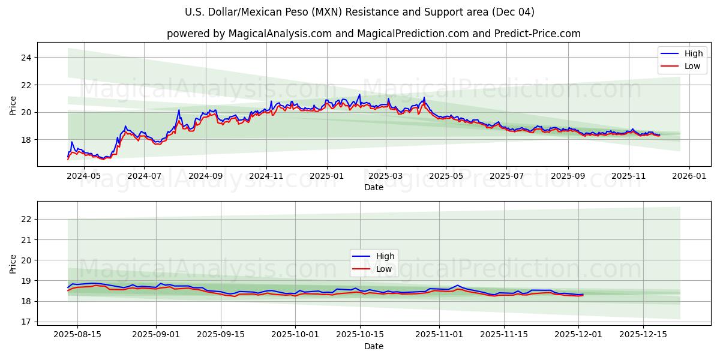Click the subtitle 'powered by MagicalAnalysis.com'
pos(373,34)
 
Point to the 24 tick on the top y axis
pos(27,58)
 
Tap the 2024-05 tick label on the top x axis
pos(84,176)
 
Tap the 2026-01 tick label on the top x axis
pos(689,176)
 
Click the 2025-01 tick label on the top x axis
pos(327,176)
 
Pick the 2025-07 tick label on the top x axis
pos(506,176)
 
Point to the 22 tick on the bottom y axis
pos(27,219)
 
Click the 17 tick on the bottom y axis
pos(27,322)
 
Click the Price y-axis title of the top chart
pos(13,104)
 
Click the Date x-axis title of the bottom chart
pos(373,346)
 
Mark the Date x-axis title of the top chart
pos(373,187)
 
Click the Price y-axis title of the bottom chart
pos(13,263)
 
